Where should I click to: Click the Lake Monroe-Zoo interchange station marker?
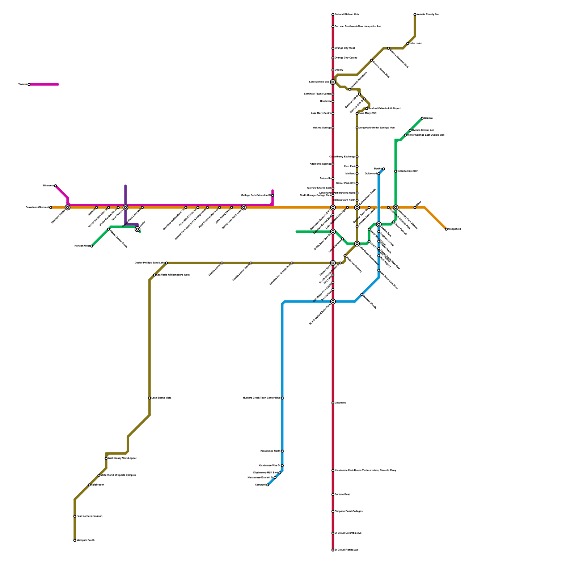click(333, 82)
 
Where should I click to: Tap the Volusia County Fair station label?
click(428, 14)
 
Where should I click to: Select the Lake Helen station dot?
click(408, 43)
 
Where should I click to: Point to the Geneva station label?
click(428, 118)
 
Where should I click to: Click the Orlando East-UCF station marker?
click(396, 171)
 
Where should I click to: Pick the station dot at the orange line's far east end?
click(447, 229)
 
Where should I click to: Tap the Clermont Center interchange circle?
click(68, 207)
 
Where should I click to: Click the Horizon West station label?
click(82, 246)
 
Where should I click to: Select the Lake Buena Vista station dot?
click(149, 398)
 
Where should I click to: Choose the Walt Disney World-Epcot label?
click(122, 458)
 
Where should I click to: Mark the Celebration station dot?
click(89, 485)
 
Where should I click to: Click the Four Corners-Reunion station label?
click(89, 516)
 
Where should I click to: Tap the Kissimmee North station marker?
click(282, 451)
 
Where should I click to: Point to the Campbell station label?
click(261, 485)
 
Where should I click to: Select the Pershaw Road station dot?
click(333, 495)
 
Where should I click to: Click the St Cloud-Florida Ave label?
click(347, 550)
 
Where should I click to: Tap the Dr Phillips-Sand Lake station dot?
click(166, 263)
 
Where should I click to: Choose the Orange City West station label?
click(345, 48)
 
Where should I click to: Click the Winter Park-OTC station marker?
click(357, 183)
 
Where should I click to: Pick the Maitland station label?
click(350, 174)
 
